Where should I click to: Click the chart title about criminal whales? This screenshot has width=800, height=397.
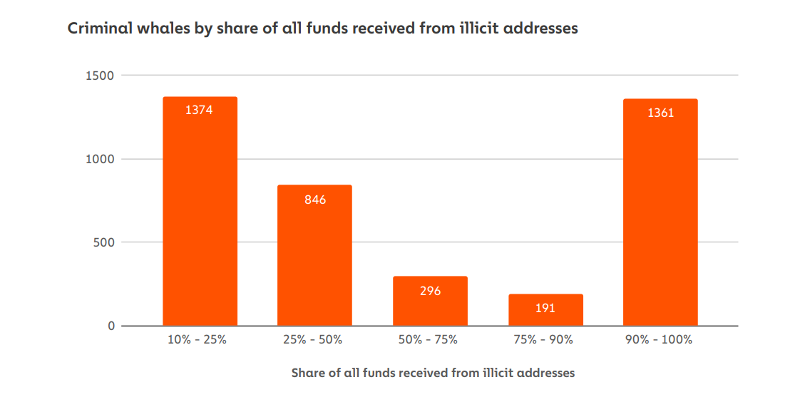tap(322, 29)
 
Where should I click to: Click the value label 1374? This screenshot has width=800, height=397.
tap(200, 110)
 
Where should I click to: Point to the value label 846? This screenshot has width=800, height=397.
tap(314, 200)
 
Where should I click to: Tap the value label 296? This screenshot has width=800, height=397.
tap(430, 291)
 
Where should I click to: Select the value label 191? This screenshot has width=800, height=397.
tap(545, 309)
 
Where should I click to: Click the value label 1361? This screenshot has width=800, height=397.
tap(660, 113)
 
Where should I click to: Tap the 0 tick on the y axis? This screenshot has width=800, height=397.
tap(111, 326)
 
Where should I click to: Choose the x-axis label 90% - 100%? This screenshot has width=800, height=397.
tap(660, 340)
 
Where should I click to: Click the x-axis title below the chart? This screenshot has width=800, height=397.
tap(433, 373)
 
